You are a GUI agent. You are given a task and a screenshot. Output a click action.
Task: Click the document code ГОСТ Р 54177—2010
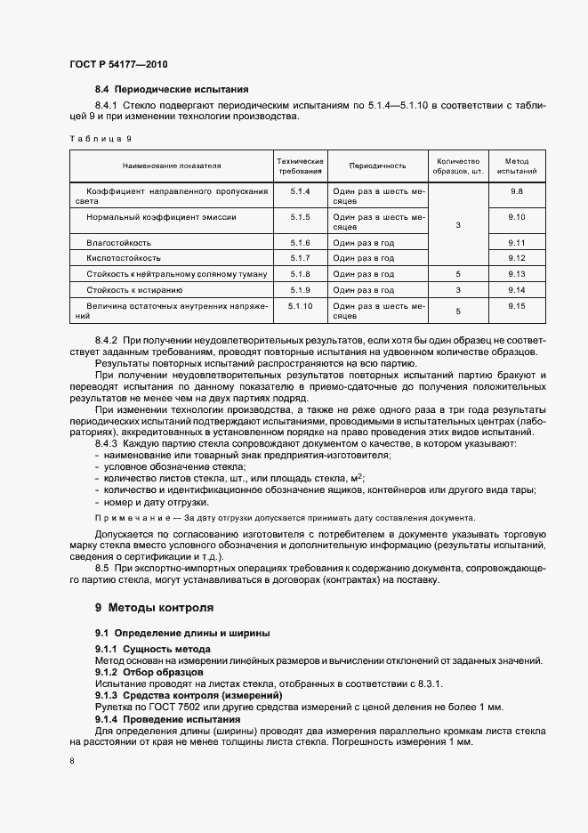pyautogui.click(x=118, y=64)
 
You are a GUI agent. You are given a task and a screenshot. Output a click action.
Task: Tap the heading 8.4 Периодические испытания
pyautogui.click(x=172, y=89)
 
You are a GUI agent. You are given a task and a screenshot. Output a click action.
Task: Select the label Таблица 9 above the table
pyautogui.click(x=100, y=139)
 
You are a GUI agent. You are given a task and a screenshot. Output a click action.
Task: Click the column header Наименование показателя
pyautogui.click(x=172, y=166)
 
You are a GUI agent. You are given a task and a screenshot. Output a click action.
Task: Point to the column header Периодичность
pyautogui.click(x=377, y=166)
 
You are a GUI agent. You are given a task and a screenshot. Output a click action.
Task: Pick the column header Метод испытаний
pyautogui.click(x=517, y=166)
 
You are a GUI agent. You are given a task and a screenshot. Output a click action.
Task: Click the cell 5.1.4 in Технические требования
pyautogui.click(x=299, y=191)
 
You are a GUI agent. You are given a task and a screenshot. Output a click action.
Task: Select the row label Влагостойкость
pyautogui.click(x=118, y=242)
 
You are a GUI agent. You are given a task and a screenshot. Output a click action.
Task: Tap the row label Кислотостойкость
pyautogui.click(x=122, y=258)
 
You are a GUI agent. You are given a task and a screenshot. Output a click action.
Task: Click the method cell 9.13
pyautogui.click(x=517, y=274)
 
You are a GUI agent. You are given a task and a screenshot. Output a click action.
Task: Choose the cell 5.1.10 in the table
pyautogui.click(x=301, y=306)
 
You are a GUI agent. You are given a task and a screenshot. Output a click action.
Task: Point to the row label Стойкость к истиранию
pyautogui.click(x=134, y=290)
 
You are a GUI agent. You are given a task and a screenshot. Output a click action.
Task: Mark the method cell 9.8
pyautogui.click(x=517, y=191)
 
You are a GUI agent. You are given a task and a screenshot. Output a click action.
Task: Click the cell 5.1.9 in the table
pyautogui.click(x=299, y=290)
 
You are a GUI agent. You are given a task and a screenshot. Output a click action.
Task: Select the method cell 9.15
pyautogui.click(x=517, y=306)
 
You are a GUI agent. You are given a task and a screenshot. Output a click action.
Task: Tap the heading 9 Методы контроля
pyautogui.click(x=154, y=609)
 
